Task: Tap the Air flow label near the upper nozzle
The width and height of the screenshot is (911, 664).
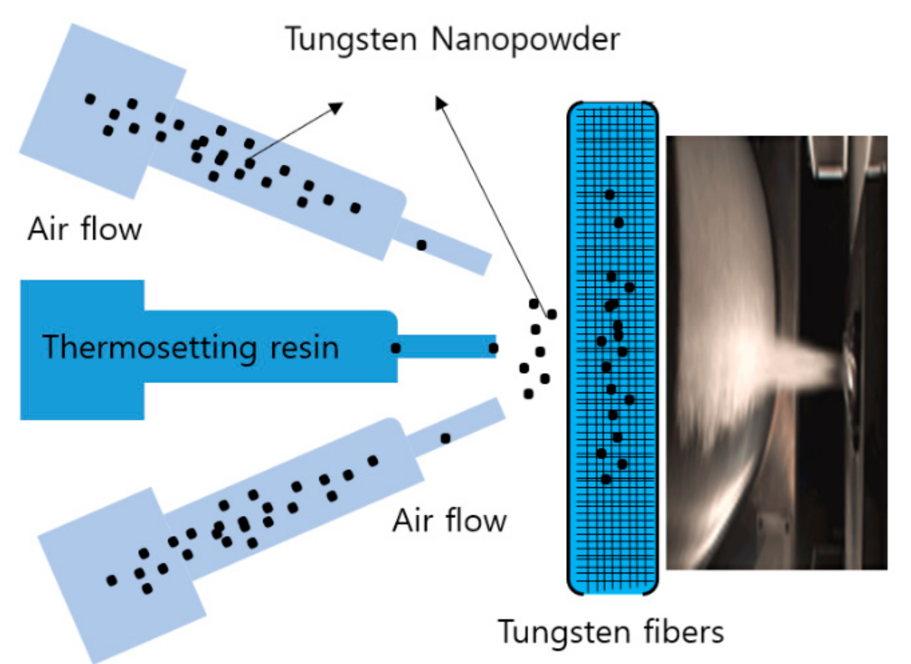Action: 84,229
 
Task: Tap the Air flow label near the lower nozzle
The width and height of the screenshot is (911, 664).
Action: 449,521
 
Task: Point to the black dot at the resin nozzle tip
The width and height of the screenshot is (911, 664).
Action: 493,348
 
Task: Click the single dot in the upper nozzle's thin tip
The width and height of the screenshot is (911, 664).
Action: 421,245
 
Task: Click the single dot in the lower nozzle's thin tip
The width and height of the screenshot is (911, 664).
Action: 445,438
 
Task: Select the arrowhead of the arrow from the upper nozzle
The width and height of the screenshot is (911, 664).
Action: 337,107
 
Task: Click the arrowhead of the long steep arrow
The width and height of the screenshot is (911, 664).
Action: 441,102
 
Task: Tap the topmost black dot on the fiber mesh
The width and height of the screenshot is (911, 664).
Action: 609,195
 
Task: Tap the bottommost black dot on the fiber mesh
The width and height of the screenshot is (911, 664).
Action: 606,479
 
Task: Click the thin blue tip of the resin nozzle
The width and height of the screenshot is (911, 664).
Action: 446,347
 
